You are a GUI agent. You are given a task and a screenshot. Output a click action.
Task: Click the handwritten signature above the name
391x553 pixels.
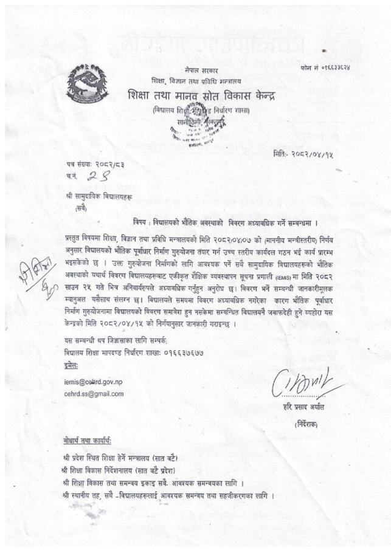[x=310, y=383]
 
